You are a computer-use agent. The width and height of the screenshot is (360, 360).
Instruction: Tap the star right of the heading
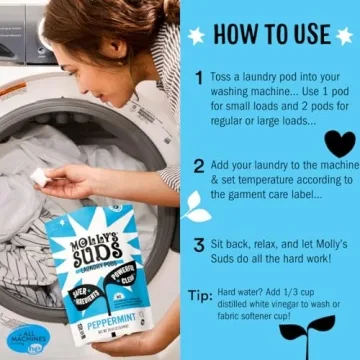(342, 32)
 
